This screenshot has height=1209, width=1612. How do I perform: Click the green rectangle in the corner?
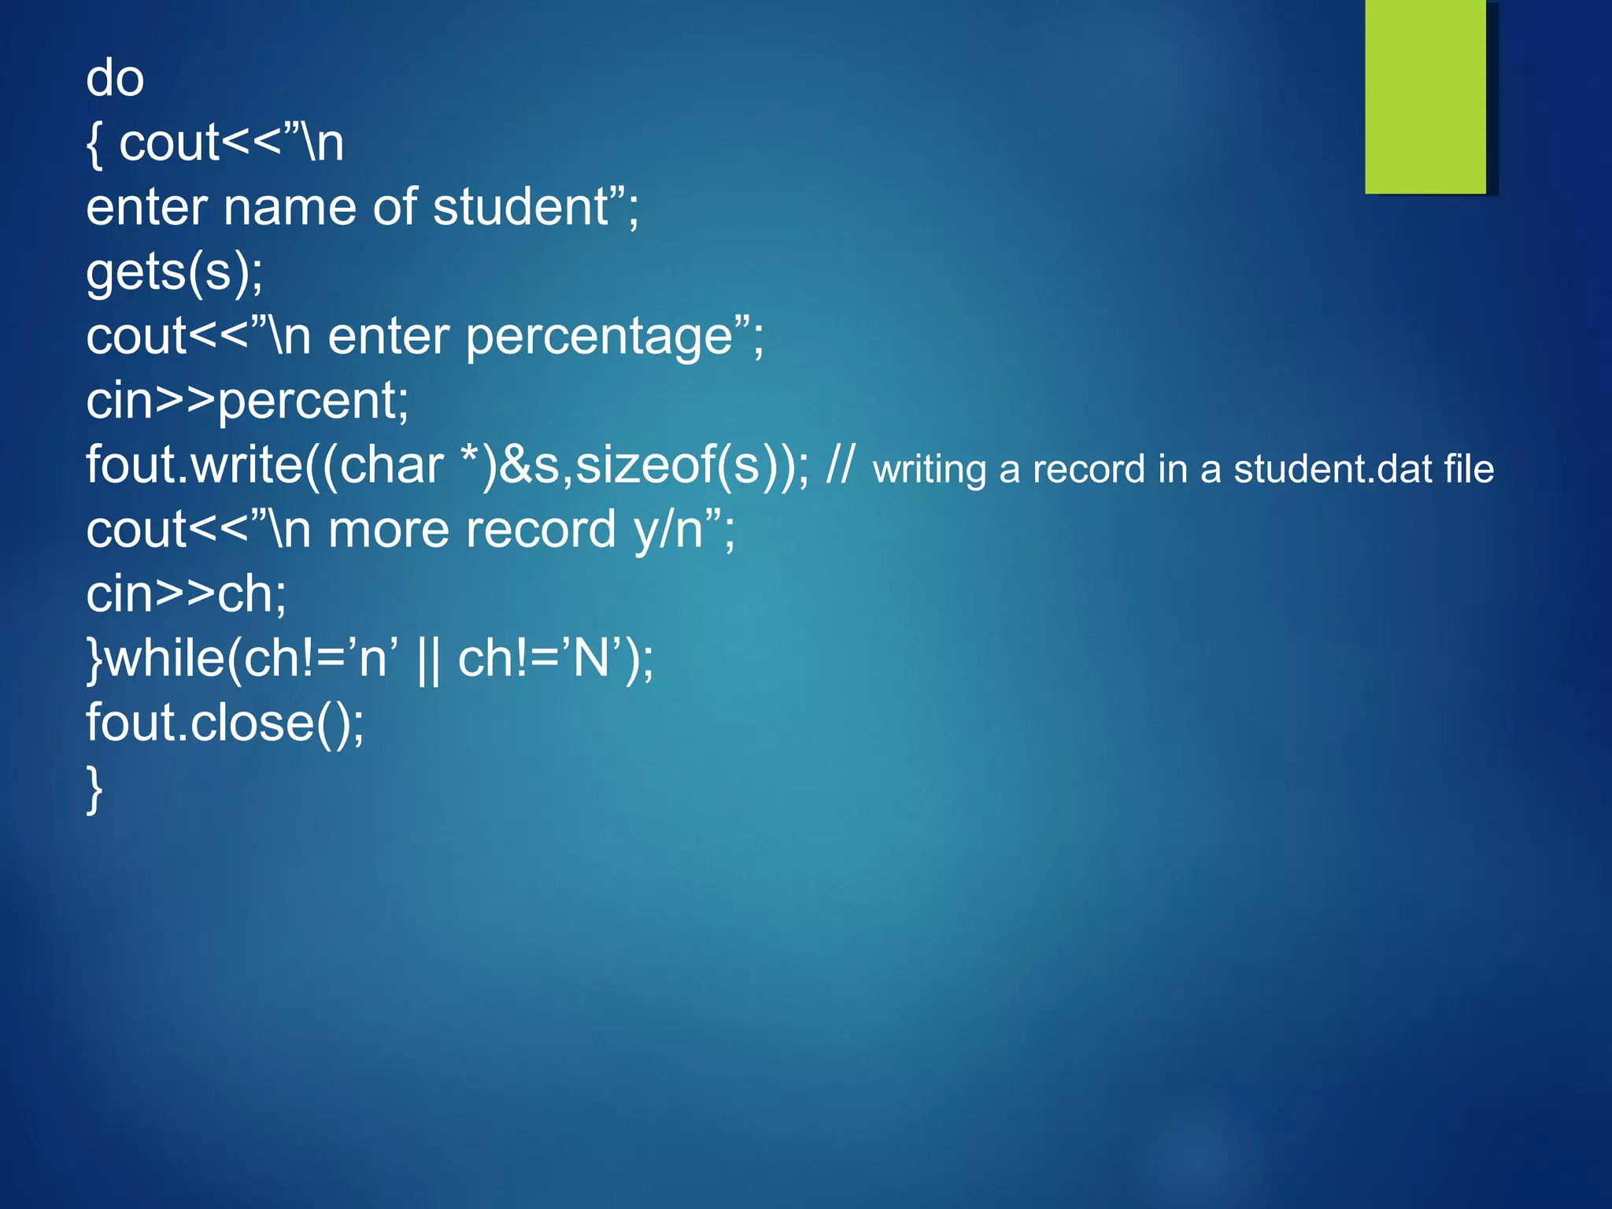pos(1425,96)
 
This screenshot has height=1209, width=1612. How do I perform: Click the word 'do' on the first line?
pos(115,79)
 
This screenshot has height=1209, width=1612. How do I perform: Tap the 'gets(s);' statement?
pos(175,272)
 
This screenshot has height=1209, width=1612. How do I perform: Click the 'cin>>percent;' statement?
pos(247,401)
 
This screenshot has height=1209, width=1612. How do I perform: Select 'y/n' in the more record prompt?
pos(668,530)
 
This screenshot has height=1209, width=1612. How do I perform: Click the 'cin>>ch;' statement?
pos(187,594)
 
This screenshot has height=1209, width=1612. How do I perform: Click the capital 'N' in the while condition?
pos(591,659)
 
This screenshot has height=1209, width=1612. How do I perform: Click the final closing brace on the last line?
pos(94,788)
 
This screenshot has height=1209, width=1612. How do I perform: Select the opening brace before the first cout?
pos(94,144)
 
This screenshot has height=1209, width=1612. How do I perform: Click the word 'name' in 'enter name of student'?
pos(290,207)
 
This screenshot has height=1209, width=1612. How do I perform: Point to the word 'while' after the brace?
pos(165,659)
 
